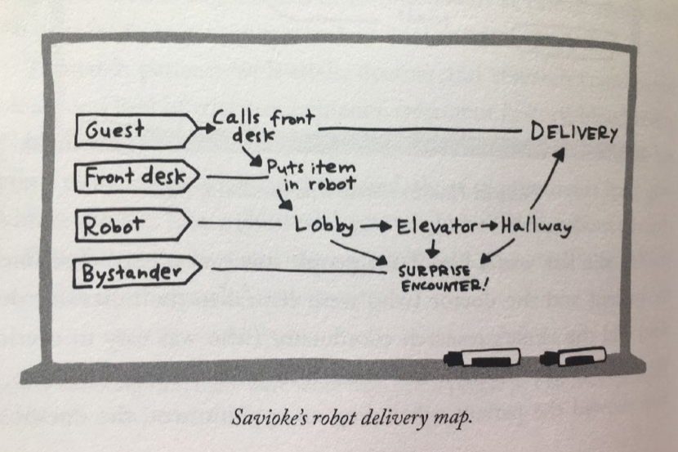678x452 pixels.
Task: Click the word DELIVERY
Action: [x=574, y=132]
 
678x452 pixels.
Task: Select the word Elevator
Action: [x=437, y=226]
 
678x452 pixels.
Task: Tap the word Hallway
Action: [x=535, y=226]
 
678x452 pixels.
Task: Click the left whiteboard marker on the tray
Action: [x=481, y=357]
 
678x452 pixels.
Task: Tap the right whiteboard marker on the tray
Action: [x=573, y=356]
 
